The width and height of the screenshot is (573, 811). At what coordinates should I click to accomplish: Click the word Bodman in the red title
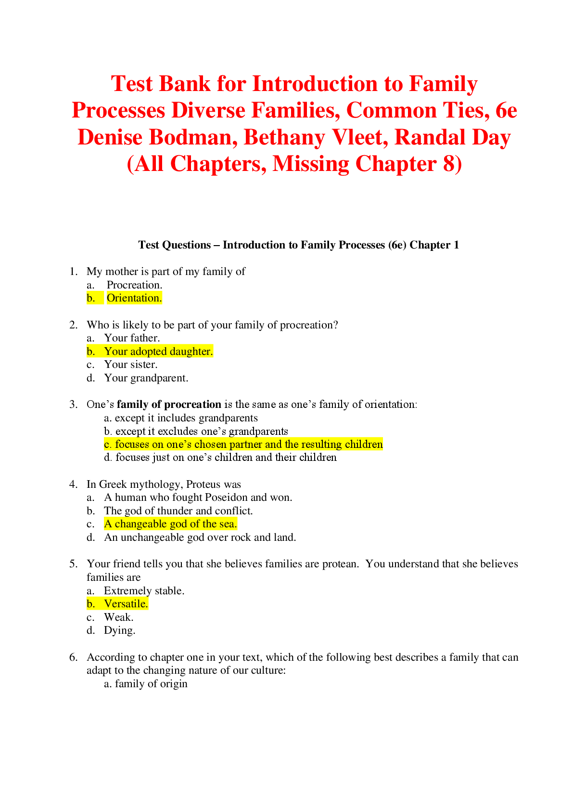tap(193, 137)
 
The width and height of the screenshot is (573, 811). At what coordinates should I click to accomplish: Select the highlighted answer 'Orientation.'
tap(134, 298)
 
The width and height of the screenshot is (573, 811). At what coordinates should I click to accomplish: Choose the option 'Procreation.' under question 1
tap(134, 285)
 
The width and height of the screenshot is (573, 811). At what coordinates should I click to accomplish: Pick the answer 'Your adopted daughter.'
tap(158, 351)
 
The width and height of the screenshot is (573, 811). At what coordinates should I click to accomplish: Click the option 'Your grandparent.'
tap(146, 378)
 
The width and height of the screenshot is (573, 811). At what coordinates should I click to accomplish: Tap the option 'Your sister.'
tap(130, 364)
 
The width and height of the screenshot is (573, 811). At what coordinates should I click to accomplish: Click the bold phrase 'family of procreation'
tap(169, 405)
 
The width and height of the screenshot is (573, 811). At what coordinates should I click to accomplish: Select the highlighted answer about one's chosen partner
tap(243, 444)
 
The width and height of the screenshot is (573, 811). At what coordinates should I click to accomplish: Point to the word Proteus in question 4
tap(204, 484)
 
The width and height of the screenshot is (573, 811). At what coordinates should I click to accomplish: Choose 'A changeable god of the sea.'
tap(170, 524)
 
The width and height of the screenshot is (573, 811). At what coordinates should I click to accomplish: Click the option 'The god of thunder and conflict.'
tap(178, 511)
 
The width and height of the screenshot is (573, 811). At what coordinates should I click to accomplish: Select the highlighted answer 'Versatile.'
tap(126, 604)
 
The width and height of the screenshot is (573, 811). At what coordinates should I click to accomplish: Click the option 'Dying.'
tap(119, 631)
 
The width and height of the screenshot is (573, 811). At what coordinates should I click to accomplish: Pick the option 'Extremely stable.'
tap(144, 591)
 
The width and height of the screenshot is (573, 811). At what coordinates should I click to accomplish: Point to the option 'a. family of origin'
tap(146, 684)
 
